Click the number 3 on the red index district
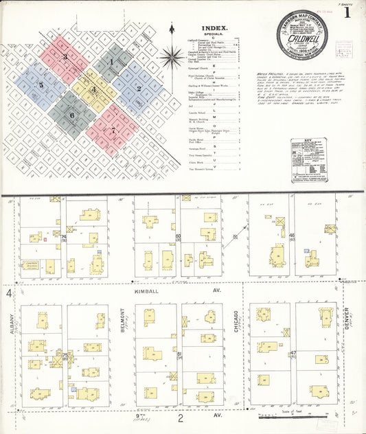[65, 56]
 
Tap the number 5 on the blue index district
[41, 85]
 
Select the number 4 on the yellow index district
[94, 90]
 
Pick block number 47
[293, 353]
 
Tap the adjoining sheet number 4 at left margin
[9, 293]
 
